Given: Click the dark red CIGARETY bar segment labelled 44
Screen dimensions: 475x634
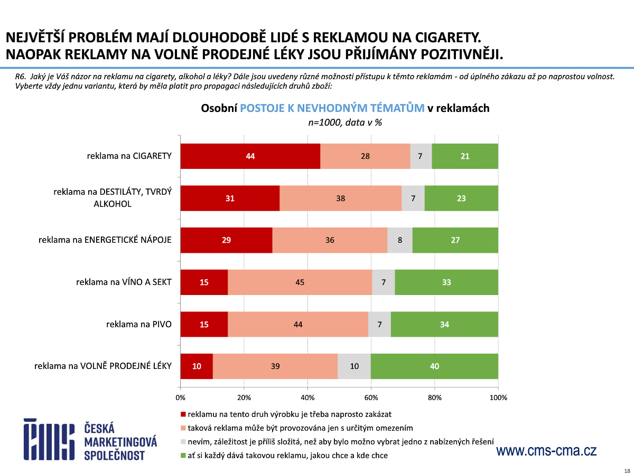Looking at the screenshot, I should pos(250,156).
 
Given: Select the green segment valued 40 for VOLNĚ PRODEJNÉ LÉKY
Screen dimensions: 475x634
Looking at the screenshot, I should pos(434,366).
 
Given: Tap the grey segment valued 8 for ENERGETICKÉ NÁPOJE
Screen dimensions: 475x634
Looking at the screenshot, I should pos(400,240).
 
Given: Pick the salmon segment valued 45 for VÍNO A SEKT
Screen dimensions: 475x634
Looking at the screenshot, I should pos(300,282).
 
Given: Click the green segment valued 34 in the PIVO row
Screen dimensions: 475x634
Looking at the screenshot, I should pos(444,325).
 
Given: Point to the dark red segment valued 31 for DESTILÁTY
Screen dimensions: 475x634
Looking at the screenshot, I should pos(230,198).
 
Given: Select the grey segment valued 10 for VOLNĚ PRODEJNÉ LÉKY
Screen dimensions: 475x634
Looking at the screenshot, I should pos(354,366).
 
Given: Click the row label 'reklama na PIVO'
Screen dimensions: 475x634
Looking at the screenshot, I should pos(139,324).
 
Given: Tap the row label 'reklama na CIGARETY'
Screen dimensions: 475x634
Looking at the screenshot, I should pos(129,156).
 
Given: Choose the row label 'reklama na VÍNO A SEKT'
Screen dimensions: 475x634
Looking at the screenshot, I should pos(124,282).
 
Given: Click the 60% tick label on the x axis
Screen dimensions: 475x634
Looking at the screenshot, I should pos(371,397).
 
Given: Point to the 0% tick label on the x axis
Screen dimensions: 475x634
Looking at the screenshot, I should pos(180,397).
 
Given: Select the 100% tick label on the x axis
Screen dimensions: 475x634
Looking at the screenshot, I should pos(498,397).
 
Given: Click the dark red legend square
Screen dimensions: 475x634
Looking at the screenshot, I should pos(183,414).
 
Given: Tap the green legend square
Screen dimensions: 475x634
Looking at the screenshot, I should pos(183,455).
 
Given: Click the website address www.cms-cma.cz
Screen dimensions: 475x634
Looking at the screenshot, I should pos(546,451).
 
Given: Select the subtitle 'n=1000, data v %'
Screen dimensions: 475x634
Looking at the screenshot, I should pos(345,122).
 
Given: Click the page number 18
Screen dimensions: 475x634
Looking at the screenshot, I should pos(627,470).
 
